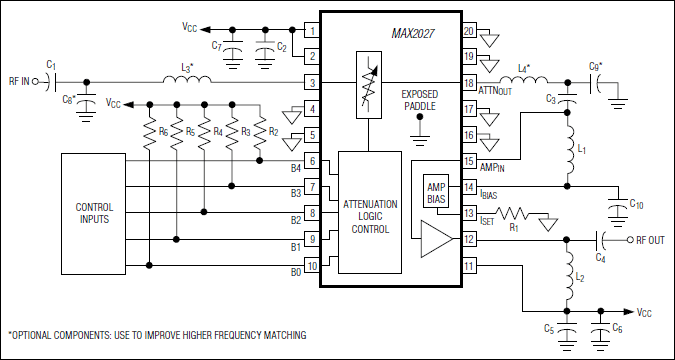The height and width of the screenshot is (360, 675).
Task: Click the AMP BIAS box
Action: coord(435,193)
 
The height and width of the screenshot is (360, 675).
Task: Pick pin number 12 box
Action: coord(468,239)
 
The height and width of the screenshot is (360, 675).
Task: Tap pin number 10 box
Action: coord(312,265)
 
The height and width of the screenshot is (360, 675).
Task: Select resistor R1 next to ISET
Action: coord(512,213)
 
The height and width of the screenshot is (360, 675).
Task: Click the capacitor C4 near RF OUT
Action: coord(602,240)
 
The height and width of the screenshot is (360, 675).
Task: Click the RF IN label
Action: coord(21,82)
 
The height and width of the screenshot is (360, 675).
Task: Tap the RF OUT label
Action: coord(648,240)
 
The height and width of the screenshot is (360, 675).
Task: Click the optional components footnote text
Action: coord(157,334)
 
